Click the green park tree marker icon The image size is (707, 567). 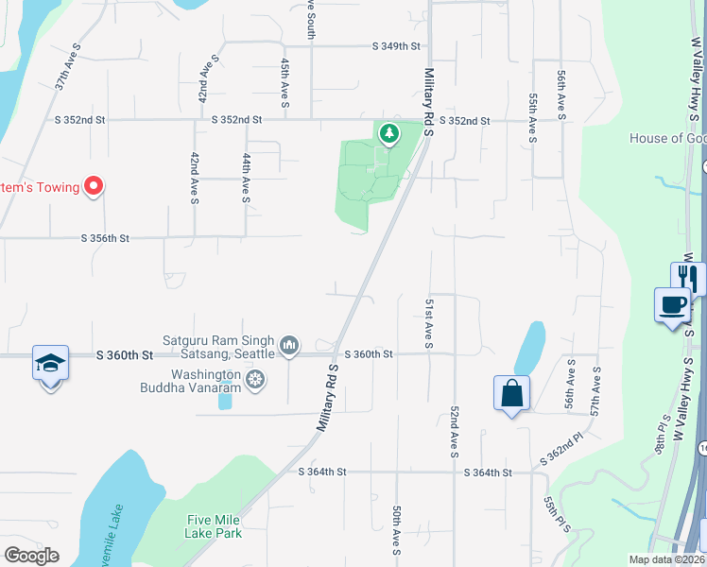tap(388, 135)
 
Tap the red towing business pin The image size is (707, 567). tap(94, 186)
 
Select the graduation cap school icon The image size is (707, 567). tap(50, 363)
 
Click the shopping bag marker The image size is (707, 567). tap(511, 393)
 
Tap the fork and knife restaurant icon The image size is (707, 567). tap(689, 279)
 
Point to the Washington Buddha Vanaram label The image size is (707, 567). tap(192, 380)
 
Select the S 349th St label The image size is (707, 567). tap(396, 45)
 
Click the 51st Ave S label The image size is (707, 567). tap(428, 322)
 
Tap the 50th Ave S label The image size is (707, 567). tap(398, 529)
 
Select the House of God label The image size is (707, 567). tap(667, 139)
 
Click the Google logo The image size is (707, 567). tap(31, 556)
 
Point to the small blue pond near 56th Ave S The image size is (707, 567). tap(529, 348)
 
